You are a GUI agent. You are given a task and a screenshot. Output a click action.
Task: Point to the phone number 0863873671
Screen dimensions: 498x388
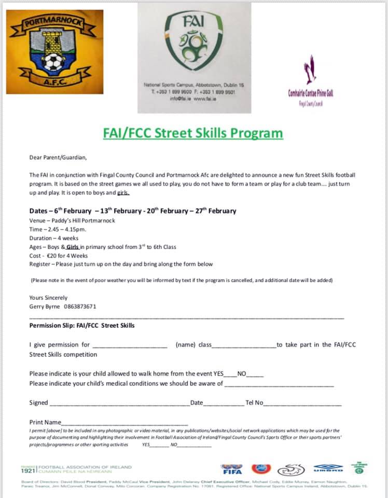coord(80,307)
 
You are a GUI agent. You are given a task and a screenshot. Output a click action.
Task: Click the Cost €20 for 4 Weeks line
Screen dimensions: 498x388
coord(59,256)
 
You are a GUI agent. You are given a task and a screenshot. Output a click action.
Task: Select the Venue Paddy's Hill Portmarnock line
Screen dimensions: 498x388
coord(72,220)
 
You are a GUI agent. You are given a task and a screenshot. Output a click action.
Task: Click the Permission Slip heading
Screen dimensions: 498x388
coord(82,326)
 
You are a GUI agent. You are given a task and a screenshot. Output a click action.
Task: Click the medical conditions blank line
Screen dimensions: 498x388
coord(279,385)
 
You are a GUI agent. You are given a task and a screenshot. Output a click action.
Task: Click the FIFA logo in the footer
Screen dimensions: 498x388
coord(231,469)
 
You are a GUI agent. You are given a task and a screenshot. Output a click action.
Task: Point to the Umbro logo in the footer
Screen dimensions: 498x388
coord(328,469)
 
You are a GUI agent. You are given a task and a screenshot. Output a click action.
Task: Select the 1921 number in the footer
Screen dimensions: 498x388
coord(27,471)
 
